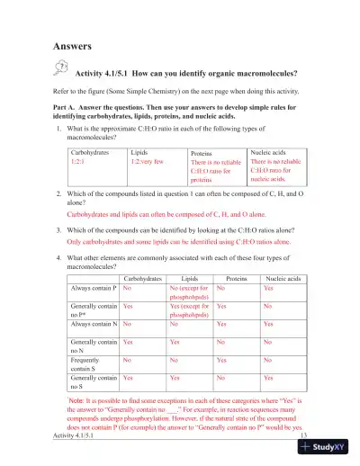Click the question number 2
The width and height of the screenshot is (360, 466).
click(58, 194)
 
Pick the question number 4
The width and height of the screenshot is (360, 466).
click(58, 256)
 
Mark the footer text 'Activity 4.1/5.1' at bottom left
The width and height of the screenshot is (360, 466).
click(77, 436)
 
